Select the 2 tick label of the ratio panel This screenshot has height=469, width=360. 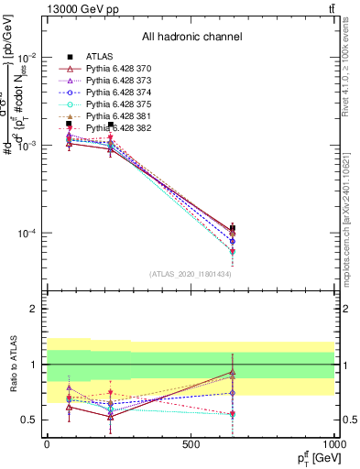tap(34, 310)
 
